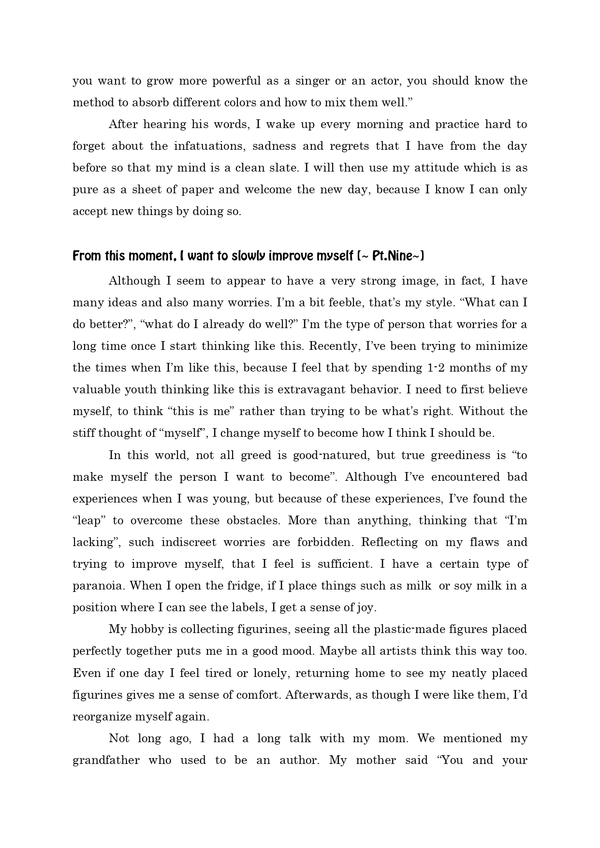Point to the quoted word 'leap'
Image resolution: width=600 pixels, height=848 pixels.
pos(88,520)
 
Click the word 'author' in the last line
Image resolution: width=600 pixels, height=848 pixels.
pos(299,760)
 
